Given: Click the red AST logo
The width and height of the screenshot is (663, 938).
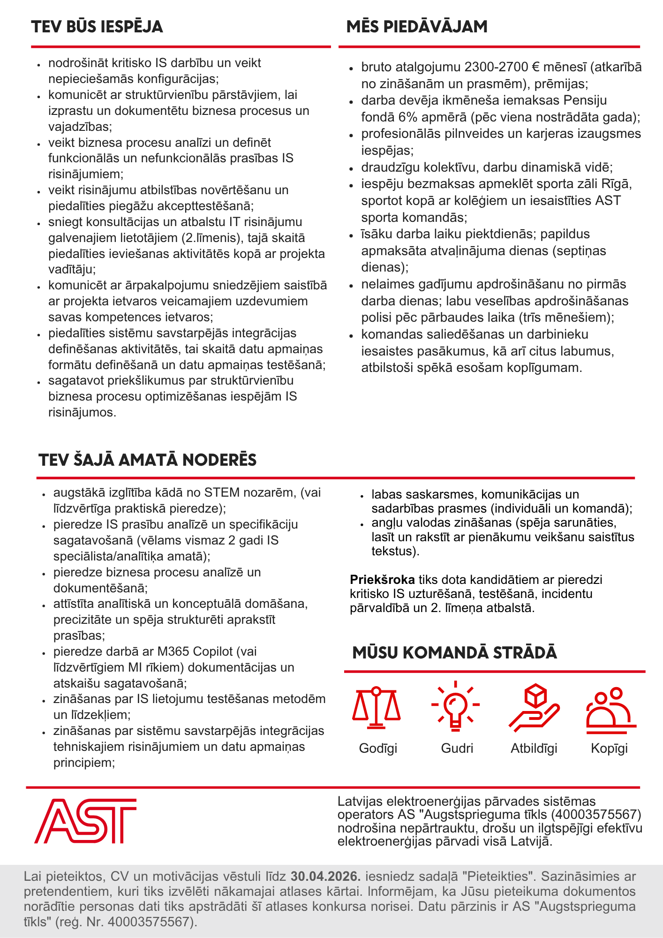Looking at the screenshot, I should tap(85, 821).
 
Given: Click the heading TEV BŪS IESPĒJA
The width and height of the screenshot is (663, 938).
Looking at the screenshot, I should tap(97, 27).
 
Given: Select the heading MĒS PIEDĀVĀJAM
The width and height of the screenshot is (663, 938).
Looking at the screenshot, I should tap(417, 27).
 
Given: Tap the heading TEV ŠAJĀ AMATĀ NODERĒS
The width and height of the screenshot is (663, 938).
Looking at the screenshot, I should tap(148, 460).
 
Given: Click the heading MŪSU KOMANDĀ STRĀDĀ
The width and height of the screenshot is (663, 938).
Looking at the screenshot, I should tap(454, 652).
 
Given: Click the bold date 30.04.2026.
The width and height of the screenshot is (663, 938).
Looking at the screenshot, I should tap(326, 876).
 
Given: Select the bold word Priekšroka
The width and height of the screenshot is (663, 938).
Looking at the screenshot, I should tap(382, 580).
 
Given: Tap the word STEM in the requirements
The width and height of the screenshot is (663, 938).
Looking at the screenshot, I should tap(222, 492).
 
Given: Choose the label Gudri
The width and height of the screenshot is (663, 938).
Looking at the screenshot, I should tap(457, 749).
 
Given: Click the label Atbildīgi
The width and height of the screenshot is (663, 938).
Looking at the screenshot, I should tap(534, 749).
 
